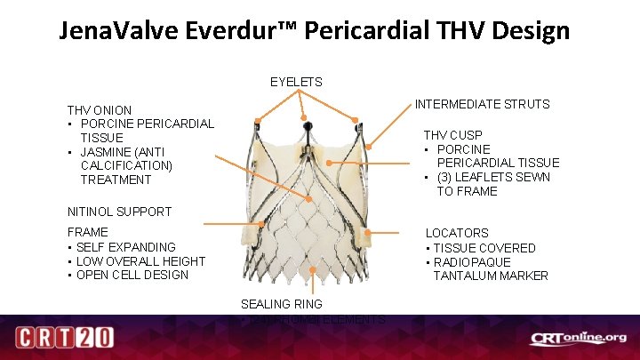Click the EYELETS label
(296, 83)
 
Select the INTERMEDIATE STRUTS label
(482, 105)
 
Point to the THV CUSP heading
(452, 135)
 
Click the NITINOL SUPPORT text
(119, 212)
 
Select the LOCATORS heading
(457, 233)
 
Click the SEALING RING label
(281, 304)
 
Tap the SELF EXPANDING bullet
(125, 247)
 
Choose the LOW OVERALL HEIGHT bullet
(140, 261)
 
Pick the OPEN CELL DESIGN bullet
(132, 275)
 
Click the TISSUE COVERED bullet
(484, 248)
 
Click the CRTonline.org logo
(578, 339)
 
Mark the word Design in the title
(531, 31)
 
